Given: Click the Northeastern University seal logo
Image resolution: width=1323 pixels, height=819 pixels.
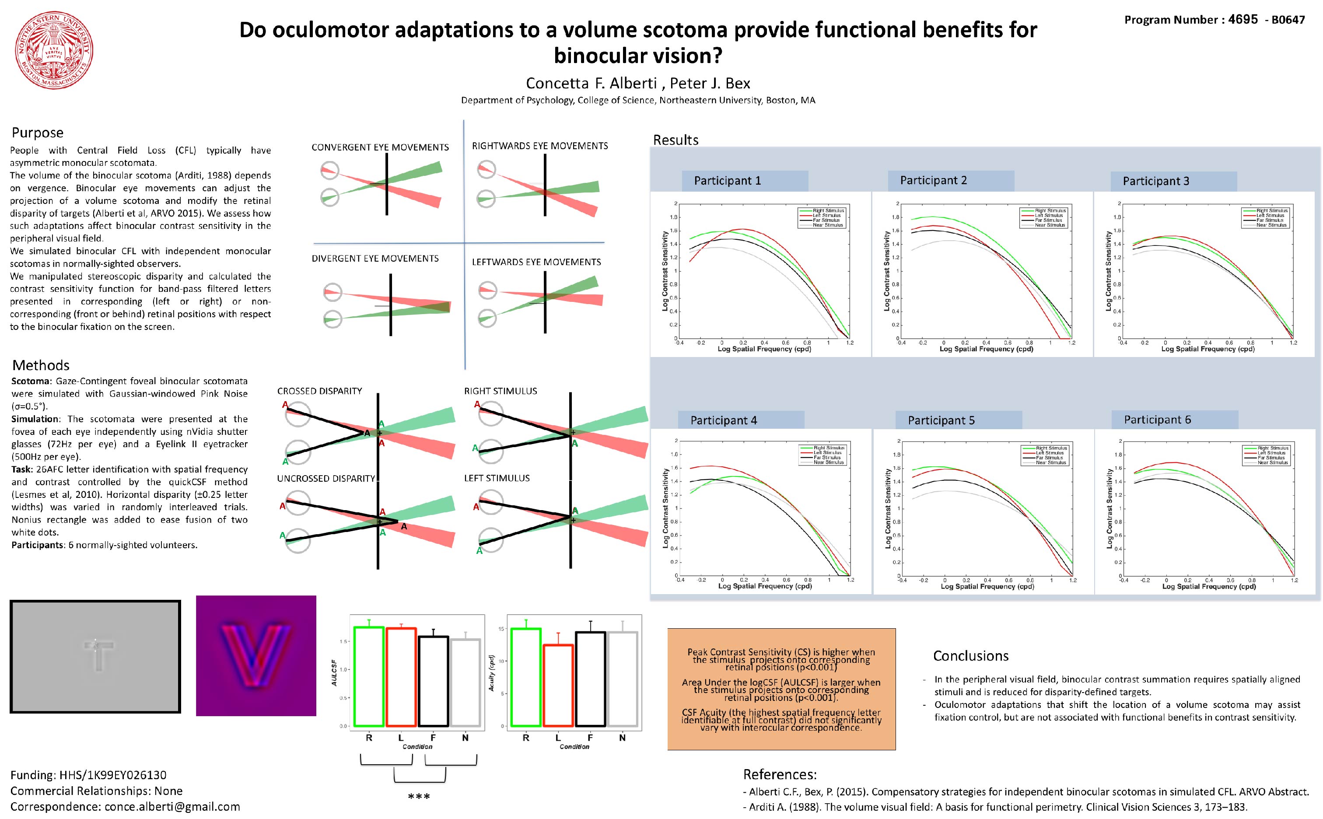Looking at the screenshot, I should tap(54, 50).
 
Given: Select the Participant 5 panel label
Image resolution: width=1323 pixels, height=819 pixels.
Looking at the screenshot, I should tap(941, 420).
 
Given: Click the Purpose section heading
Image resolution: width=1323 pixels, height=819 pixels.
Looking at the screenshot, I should tap(37, 133).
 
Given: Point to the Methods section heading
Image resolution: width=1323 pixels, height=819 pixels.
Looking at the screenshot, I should tap(41, 365).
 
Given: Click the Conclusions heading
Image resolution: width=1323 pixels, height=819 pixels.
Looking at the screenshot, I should tap(970, 656).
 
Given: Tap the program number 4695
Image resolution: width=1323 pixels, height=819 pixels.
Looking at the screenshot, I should tap(1243, 20).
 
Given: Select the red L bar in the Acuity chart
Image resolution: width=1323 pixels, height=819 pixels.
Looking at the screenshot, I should tap(558, 685).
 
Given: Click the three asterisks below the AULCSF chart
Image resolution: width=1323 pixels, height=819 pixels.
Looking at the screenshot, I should tap(419, 797).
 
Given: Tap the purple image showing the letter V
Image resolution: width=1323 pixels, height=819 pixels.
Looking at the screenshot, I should tap(255, 655).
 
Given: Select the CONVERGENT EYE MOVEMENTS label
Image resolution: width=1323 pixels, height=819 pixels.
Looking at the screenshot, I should tap(380, 147).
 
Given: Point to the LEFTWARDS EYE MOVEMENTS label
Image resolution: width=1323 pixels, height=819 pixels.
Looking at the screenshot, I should tap(536, 262).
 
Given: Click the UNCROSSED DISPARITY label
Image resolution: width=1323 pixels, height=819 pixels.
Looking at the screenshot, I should tap(326, 478).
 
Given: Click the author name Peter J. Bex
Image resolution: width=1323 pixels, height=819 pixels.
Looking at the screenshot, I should tap(710, 84).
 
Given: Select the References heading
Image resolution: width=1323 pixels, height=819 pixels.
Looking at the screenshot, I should tap(779, 774).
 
